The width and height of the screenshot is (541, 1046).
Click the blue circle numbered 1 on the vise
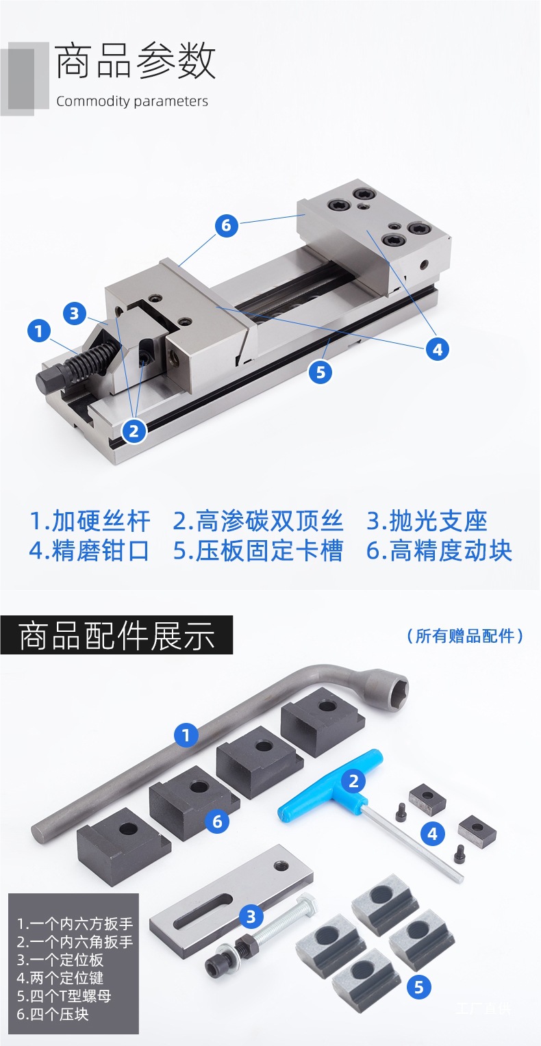(x=39, y=331)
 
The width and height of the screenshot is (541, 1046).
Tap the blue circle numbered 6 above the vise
(x=227, y=225)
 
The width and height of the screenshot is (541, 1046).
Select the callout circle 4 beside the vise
(x=438, y=349)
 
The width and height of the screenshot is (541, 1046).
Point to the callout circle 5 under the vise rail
(x=320, y=372)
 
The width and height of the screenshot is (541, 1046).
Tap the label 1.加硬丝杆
(x=90, y=521)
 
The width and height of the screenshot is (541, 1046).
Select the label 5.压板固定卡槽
(x=258, y=550)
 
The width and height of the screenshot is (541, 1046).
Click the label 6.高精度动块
(x=439, y=550)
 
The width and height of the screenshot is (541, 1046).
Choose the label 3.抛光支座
(x=427, y=521)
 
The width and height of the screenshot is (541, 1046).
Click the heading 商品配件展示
(x=116, y=635)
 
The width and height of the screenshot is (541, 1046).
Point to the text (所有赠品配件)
(x=465, y=635)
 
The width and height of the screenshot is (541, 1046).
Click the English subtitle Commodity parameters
(x=132, y=101)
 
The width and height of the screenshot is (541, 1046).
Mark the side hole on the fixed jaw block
(x=424, y=265)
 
